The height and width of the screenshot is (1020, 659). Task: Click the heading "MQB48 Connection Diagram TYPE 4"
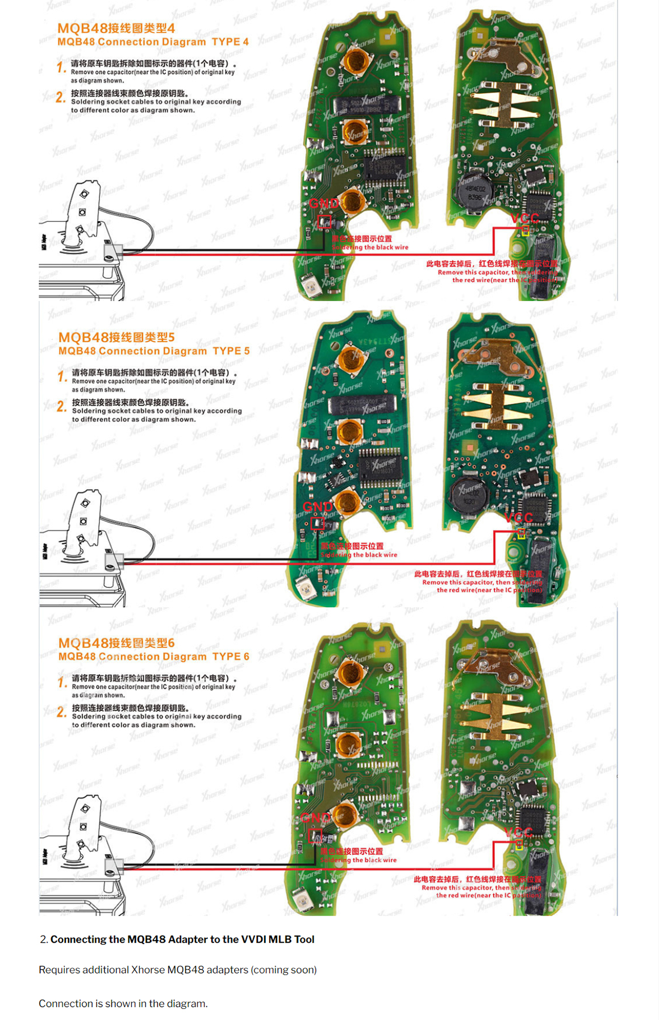pos(153,42)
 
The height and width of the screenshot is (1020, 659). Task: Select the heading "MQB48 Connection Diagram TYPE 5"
pos(154,351)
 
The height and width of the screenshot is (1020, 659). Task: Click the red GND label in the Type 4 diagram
pos(323,203)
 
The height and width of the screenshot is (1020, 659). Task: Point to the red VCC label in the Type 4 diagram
pos(524,218)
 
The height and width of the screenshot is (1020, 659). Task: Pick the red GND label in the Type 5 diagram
pos(318,507)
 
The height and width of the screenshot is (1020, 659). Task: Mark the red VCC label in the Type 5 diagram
pos(519,517)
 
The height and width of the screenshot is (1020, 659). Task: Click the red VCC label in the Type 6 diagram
pos(519,833)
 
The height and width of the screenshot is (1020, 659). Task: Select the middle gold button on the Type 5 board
pos(349,431)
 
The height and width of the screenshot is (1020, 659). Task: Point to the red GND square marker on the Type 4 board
pos(324,221)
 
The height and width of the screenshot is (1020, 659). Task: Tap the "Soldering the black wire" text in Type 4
pos(370,248)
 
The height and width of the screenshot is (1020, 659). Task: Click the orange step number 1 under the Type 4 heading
pos(61,68)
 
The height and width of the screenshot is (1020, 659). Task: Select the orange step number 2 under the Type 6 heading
pos(61,712)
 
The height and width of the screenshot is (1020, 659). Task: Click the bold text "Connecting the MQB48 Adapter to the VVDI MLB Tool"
pos(182,939)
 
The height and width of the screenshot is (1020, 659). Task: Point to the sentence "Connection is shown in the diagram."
pos(123,1004)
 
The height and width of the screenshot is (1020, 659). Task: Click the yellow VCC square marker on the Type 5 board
pos(521,533)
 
